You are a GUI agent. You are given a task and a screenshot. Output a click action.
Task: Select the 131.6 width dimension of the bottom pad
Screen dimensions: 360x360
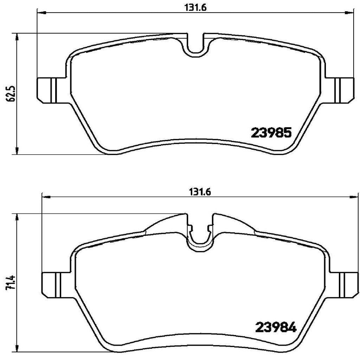point(200,192)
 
